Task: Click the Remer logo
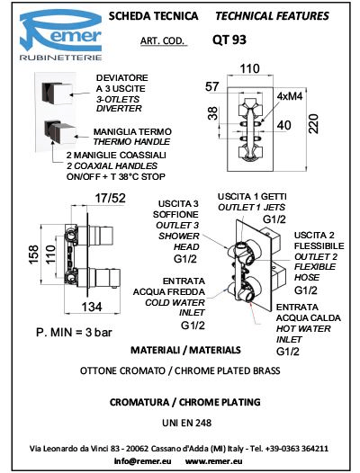60,35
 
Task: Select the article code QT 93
229,40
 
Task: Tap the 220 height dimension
314,124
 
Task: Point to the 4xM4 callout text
290,96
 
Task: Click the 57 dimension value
211,86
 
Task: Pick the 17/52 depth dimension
110,198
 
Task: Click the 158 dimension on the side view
33,254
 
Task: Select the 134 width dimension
92,307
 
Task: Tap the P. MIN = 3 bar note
74,333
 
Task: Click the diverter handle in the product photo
58,94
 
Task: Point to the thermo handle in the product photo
59,132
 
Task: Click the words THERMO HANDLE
131,141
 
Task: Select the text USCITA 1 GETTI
252,197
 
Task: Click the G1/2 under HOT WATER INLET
288,352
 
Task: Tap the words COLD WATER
175,302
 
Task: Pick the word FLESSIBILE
319,245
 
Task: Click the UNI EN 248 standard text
186,423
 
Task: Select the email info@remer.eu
142,461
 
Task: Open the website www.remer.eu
214,461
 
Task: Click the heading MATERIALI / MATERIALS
185,350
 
